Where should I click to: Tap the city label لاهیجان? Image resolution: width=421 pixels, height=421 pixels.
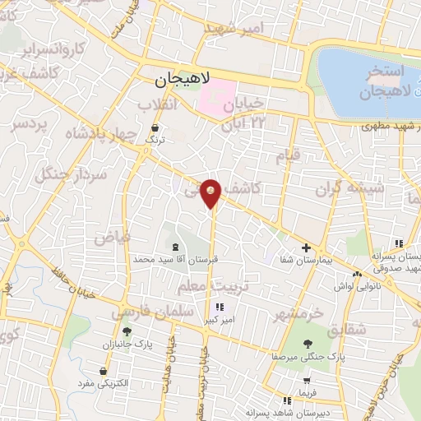(x=183, y=81)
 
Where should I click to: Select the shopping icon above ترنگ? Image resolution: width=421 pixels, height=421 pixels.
(x=156, y=127)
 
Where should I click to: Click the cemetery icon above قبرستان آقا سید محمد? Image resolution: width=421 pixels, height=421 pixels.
(x=174, y=246)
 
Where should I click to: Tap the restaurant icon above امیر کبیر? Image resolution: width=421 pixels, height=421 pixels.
(x=218, y=308)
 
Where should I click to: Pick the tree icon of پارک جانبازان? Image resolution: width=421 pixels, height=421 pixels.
(x=127, y=332)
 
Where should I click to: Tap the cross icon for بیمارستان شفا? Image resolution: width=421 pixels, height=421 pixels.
(x=305, y=247)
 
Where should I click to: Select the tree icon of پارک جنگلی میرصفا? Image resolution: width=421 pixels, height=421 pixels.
(x=308, y=345)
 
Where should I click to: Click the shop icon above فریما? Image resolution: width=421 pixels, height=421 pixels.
(x=307, y=381)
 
